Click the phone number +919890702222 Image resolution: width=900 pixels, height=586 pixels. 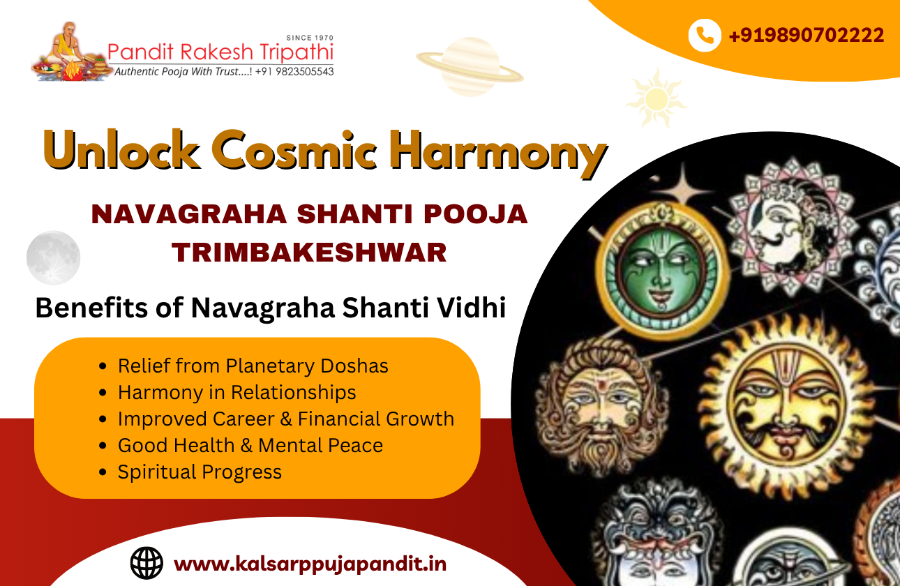pyautogui.click(x=807, y=35)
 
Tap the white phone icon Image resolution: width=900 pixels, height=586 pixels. pyautogui.click(x=705, y=35)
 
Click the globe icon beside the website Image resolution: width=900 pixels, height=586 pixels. pyautogui.click(x=147, y=562)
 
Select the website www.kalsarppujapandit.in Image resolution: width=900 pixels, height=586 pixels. pyautogui.click(x=310, y=563)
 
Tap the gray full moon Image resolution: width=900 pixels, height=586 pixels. pyautogui.click(x=54, y=258)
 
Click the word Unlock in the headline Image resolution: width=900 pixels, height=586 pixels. pyautogui.click(x=120, y=149)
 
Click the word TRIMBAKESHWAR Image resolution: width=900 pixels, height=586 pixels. pyautogui.click(x=309, y=252)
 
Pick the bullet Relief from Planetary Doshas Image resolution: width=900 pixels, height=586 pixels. pyautogui.click(x=253, y=366)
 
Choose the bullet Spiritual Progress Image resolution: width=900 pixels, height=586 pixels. pyautogui.click(x=200, y=472)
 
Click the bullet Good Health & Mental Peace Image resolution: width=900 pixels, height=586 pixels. pyautogui.click(x=250, y=445)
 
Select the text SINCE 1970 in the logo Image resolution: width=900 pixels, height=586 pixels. pyautogui.click(x=310, y=38)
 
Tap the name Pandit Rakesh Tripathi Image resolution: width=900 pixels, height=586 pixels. pyautogui.click(x=220, y=52)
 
